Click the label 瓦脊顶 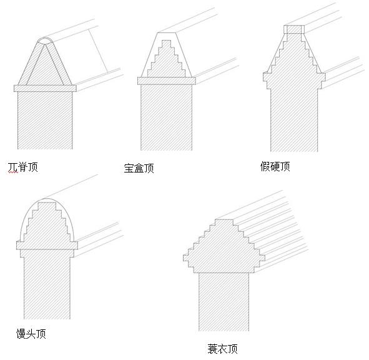[x=23, y=167]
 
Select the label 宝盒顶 [x=139, y=168]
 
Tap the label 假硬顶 [x=275, y=167]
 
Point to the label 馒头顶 [x=31, y=334]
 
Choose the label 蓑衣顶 [x=223, y=349]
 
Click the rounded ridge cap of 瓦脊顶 [x=45, y=41]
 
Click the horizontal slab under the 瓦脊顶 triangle [x=45, y=88]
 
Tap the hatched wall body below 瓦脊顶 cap [x=45, y=120]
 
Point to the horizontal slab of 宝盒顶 [x=167, y=81]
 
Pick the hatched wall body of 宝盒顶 [x=166, y=117]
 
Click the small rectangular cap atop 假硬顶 [x=294, y=29]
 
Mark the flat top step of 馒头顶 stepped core [x=47, y=205]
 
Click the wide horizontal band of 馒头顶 [x=47, y=246]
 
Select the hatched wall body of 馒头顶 [x=47, y=288]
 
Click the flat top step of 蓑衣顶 [x=224, y=222]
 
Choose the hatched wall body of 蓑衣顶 [x=224, y=302]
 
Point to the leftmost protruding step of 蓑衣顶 [x=186, y=258]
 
